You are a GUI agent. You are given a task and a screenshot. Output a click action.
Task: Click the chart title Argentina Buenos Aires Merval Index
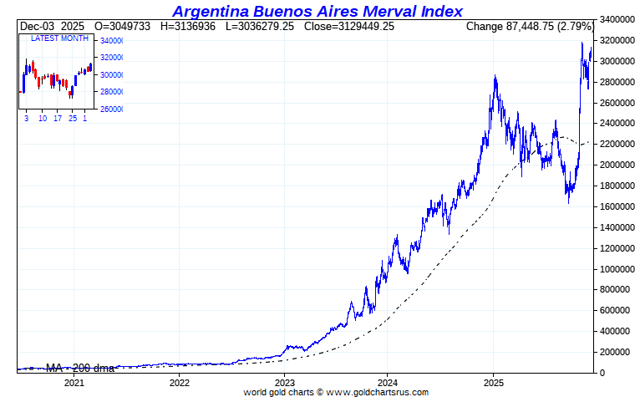point(317,11)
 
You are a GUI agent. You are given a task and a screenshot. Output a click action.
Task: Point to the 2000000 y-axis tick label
point(616,165)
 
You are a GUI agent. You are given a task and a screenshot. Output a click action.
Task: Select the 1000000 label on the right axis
point(616,269)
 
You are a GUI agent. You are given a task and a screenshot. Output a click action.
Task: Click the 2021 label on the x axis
point(74,383)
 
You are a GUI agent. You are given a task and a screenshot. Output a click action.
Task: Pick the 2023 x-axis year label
point(284,383)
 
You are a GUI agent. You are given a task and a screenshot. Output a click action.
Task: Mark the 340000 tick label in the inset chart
point(111,41)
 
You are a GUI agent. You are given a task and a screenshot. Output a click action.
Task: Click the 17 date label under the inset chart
point(58,119)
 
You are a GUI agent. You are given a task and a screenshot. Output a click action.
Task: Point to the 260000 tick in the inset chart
point(111,109)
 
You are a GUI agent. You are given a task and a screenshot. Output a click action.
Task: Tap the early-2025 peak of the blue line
point(495,77)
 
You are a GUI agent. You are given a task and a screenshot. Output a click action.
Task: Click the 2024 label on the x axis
point(388,383)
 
